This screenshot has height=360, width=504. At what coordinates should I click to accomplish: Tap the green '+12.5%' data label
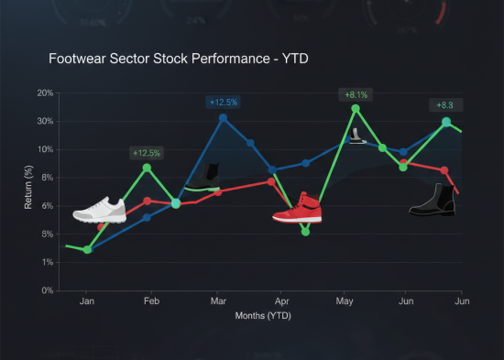coord(147,153)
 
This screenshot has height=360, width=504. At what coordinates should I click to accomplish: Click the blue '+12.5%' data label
coord(225,103)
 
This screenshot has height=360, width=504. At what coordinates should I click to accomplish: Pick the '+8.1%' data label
coord(355,94)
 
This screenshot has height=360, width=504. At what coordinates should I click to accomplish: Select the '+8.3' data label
coord(445,105)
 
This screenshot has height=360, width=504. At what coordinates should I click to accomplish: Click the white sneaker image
coord(98,210)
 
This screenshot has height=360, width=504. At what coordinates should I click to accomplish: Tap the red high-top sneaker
coord(298,209)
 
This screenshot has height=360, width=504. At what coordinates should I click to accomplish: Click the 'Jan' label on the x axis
coord(87,301)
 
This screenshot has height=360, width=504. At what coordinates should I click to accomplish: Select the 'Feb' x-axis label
coord(152,301)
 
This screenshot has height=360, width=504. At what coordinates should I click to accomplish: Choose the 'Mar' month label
coord(219,301)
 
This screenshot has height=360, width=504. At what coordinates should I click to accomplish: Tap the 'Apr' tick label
coord(282,301)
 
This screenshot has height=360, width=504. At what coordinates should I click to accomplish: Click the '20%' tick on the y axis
coord(44,93)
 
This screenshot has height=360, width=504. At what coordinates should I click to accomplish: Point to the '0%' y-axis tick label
coord(46,291)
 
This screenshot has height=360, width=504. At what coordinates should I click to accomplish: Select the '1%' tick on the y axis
coord(46,263)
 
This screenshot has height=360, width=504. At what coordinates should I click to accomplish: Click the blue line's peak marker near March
coord(224,118)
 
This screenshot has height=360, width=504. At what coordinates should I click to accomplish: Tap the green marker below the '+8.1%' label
coord(356,109)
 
